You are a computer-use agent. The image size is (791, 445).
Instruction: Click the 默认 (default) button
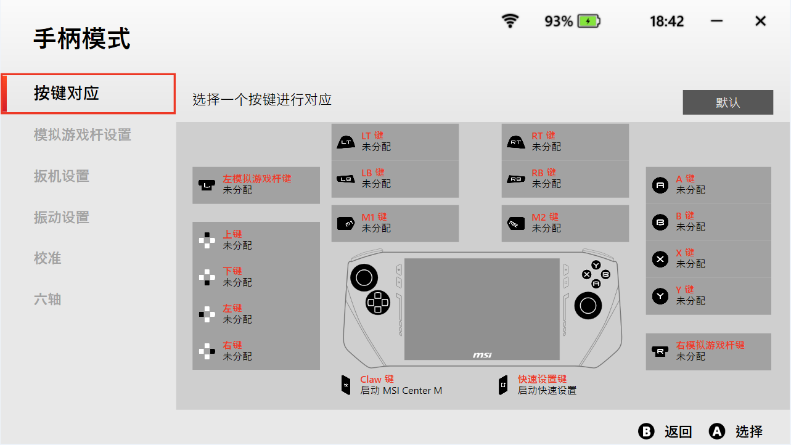point(727,102)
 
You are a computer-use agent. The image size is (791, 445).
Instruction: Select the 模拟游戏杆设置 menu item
point(82,135)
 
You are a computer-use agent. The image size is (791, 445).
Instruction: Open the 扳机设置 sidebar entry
point(62,176)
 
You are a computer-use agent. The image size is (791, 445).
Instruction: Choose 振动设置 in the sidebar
point(62,218)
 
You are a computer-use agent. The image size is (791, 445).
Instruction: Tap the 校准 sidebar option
point(47,258)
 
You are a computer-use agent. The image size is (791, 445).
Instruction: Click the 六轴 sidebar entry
point(47,300)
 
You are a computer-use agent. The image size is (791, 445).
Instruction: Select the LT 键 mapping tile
point(395,142)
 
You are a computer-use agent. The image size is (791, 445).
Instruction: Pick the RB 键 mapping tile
point(565,179)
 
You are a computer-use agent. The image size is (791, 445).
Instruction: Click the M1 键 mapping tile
point(395,223)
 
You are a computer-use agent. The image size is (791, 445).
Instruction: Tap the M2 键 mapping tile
point(565,223)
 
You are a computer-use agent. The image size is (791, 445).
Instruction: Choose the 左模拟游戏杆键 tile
point(256,185)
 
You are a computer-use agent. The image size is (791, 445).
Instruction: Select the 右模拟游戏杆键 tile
point(708,351)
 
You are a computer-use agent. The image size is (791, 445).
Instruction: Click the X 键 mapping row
point(708,259)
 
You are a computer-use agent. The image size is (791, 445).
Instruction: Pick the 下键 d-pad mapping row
point(256,277)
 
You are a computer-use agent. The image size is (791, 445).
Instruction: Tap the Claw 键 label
point(377,380)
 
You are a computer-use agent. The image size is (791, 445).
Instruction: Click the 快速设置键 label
point(542,380)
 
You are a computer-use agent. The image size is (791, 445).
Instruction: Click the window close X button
point(761,22)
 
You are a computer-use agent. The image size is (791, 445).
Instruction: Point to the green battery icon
point(589,22)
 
